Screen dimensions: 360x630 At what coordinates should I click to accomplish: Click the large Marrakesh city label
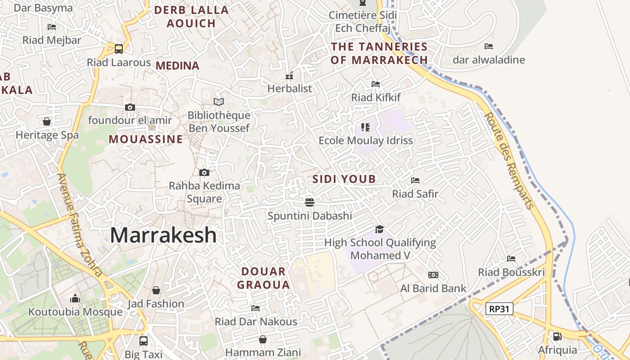163,235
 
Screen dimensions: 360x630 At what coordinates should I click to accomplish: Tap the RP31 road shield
499,309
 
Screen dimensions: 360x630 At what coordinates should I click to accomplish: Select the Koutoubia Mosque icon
75,299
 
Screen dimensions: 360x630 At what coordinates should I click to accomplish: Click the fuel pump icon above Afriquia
557,336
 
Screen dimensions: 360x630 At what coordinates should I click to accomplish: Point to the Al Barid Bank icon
433,275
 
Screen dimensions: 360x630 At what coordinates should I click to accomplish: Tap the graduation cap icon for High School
380,229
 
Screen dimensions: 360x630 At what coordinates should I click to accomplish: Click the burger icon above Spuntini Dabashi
309,202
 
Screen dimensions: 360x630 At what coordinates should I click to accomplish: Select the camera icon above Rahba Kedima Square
204,172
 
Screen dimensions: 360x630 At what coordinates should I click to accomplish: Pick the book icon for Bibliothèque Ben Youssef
219,102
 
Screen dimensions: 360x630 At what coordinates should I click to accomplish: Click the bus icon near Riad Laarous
119,49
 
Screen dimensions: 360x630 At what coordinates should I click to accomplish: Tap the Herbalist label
289,89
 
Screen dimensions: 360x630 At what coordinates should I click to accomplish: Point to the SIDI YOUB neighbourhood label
344,179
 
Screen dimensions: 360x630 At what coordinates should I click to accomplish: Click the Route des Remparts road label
509,161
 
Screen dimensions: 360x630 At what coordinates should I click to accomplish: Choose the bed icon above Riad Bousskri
511,259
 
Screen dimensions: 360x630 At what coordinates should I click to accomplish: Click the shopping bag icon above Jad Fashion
156,290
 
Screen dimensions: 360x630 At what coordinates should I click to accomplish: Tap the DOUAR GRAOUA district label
264,278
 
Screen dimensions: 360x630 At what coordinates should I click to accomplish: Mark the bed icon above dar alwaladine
489,46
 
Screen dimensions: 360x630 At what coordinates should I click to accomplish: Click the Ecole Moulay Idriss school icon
365,127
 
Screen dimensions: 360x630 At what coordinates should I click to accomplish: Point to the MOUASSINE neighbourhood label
146,139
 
